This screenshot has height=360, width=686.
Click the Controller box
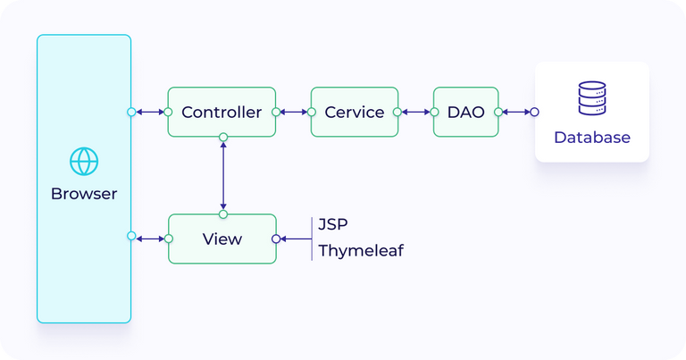coord(222,113)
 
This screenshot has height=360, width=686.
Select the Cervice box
coord(355,113)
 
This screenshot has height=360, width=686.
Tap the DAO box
coord(464,113)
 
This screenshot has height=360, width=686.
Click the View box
coord(222,239)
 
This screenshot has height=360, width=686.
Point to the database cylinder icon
coord(591,98)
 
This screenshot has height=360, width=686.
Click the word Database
coord(591,138)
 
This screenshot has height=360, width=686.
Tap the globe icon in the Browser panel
coord(84,162)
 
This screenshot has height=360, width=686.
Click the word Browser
coord(84,194)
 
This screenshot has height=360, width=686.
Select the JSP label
coord(334,223)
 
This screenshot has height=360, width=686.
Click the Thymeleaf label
coord(361,251)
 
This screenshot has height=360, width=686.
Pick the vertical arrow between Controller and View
coord(223,175)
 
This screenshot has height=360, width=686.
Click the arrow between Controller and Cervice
coord(293,113)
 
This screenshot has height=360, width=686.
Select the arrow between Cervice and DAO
coord(416,113)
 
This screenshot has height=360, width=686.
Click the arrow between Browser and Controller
coord(149,113)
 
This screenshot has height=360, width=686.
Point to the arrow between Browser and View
coord(149,238)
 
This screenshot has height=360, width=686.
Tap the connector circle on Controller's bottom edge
coord(223,137)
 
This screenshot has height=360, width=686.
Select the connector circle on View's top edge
coord(223,214)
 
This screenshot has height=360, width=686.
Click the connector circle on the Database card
coord(534,113)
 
